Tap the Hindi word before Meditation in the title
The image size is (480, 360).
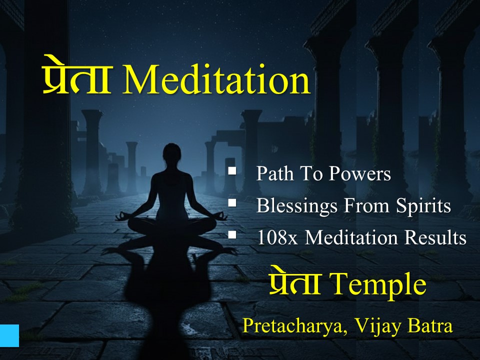pyautogui.click(x=76, y=80)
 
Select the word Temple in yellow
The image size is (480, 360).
pyautogui.click(x=379, y=284)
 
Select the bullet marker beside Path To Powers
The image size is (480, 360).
pyautogui.click(x=232, y=171)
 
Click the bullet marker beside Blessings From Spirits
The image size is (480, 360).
pyautogui.click(x=232, y=203)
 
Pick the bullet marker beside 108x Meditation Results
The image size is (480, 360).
pyautogui.click(x=232, y=235)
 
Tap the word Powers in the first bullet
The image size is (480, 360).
pyautogui.click(x=359, y=174)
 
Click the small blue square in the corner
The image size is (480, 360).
pyautogui.click(x=9, y=335)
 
